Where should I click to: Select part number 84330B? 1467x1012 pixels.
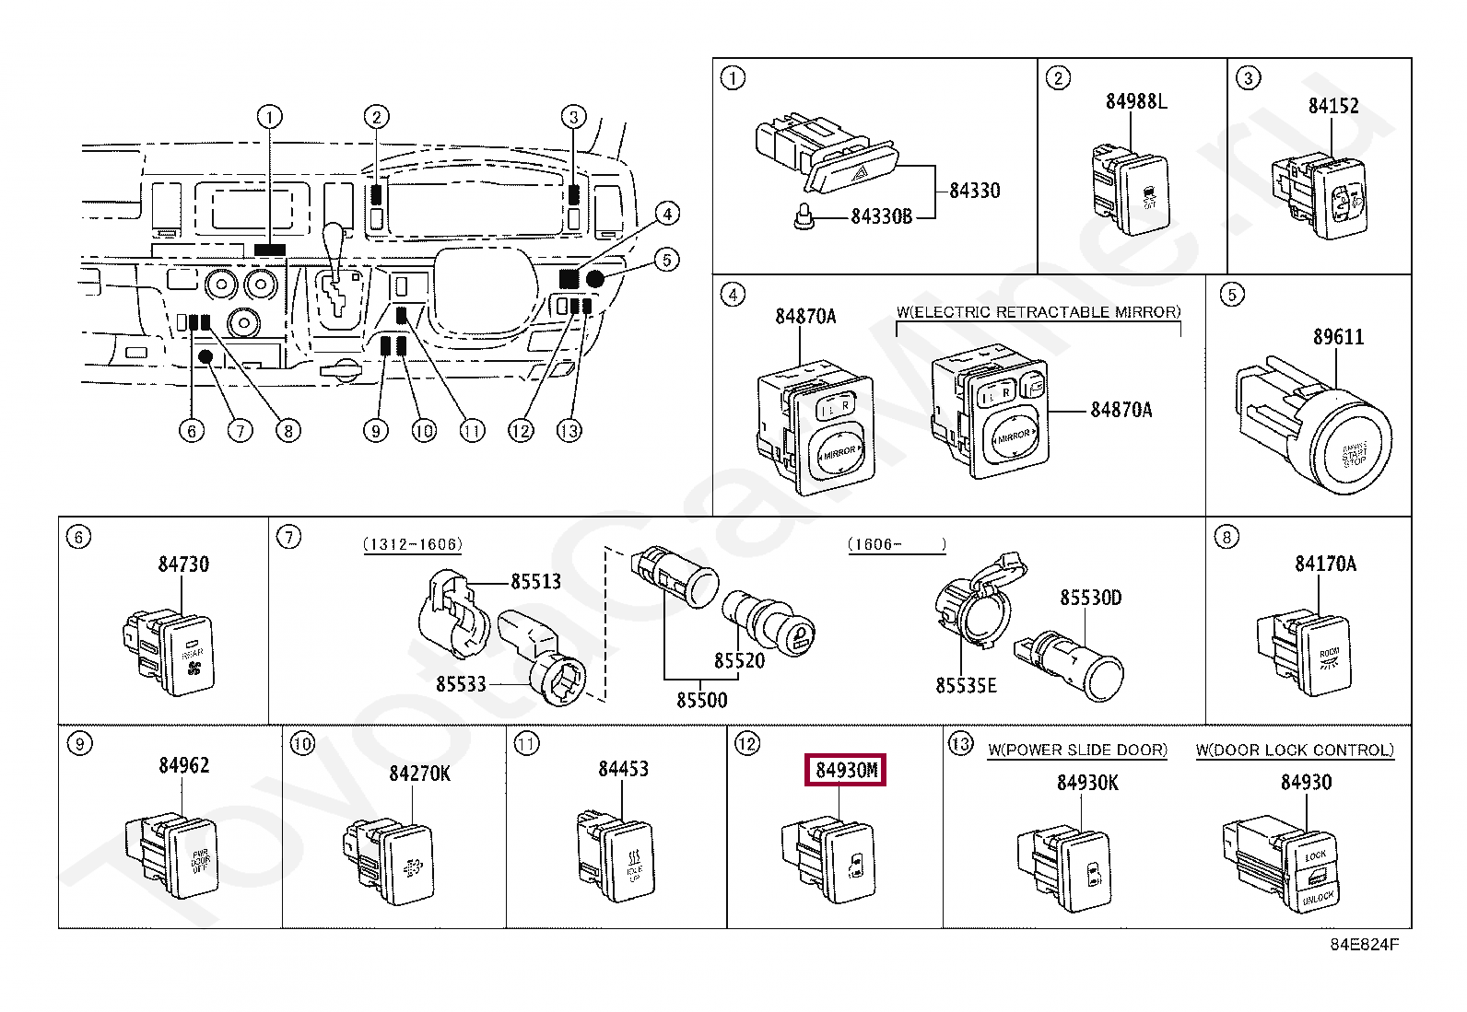[880, 216]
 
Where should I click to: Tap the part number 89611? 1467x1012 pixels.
[1338, 337]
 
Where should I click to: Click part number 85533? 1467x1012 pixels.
[461, 684]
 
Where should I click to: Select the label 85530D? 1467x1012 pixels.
[1090, 599]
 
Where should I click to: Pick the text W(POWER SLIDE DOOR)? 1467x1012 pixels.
[1077, 750]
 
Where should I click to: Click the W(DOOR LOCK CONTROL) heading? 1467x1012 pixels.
[1295, 750]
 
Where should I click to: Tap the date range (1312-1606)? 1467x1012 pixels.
[412, 544]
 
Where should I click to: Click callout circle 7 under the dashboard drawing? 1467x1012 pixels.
[240, 430]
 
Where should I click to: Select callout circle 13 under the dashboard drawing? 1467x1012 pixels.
[569, 430]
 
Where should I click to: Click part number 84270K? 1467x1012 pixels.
[419, 774]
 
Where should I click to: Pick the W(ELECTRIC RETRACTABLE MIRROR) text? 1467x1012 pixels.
[1038, 312]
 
